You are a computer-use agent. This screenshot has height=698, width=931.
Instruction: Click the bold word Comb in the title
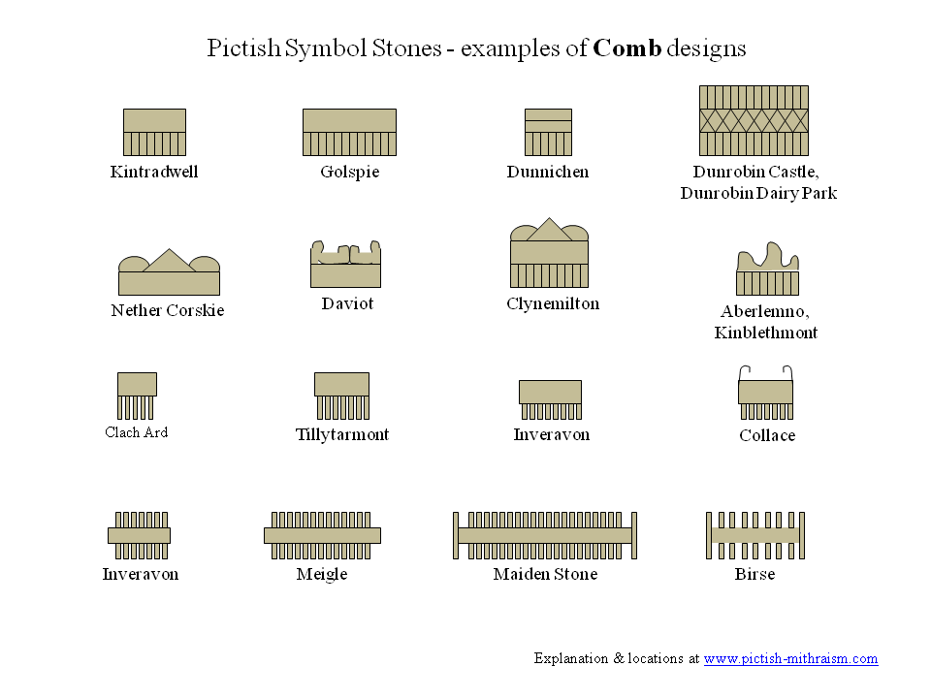click(627, 48)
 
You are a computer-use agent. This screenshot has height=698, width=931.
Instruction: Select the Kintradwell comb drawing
click(154, 133)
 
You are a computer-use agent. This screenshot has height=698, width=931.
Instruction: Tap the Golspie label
click(350, 173)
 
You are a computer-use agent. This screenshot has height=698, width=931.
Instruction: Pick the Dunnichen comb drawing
click(548, 133)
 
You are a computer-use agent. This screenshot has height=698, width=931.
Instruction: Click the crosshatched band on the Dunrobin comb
click(754, 120)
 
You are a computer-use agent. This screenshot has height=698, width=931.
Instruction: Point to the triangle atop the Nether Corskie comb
click(169, 261)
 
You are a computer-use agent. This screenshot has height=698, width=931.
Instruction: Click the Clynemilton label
click(553, 303)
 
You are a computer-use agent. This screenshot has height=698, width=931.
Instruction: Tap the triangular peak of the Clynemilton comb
click(549, 230)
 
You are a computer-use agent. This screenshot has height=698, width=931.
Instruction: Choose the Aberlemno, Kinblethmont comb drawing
click(768, 269)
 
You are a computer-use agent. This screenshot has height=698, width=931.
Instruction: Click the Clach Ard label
click(137, 432)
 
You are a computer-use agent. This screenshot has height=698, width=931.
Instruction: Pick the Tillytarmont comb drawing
click(342, 396)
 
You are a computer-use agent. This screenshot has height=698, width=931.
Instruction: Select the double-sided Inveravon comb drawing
click(139, 535)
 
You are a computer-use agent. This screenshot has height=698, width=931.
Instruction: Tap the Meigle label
click(322, 575)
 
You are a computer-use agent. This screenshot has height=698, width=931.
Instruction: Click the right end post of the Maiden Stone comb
click(634, 535)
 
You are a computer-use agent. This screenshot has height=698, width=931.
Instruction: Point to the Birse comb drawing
click(755, 535)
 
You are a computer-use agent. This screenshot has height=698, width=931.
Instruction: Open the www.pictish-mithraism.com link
click(791, 659)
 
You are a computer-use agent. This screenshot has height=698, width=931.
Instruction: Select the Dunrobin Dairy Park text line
click(758, 194)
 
